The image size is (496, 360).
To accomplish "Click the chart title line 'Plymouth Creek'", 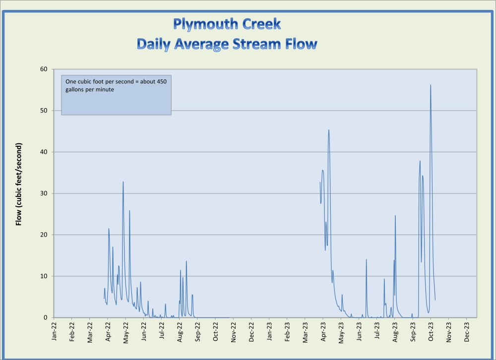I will [227, 23].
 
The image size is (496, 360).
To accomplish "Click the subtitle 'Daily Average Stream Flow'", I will [227, 44].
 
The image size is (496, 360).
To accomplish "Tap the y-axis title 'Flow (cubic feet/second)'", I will [19, 184].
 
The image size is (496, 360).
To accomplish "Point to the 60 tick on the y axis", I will [44, 69].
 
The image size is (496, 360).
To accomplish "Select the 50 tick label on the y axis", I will [44, 111].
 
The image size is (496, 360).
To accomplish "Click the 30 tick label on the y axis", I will [44, 193].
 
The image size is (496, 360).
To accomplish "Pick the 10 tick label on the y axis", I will [44, 276].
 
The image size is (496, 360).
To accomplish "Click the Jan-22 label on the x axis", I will [54, 332].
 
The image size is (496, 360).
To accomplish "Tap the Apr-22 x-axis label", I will [108, 332].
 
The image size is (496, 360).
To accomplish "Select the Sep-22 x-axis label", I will [198, 332].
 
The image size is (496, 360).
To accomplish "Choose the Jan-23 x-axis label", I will [270, 332].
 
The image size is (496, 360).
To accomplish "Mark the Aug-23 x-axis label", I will [395, 332].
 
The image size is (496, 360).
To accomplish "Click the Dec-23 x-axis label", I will [467, 332].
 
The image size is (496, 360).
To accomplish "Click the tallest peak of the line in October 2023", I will [431, 85].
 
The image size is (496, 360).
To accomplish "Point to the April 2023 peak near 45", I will [329, 130].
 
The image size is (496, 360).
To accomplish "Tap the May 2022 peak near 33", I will [123, 181].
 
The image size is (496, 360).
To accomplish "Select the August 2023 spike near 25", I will [395, 216].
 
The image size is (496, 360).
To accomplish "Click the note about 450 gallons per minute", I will [116, 85].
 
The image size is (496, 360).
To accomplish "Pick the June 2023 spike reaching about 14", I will [367, 259].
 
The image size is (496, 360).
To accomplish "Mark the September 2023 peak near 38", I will [420, 161].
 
